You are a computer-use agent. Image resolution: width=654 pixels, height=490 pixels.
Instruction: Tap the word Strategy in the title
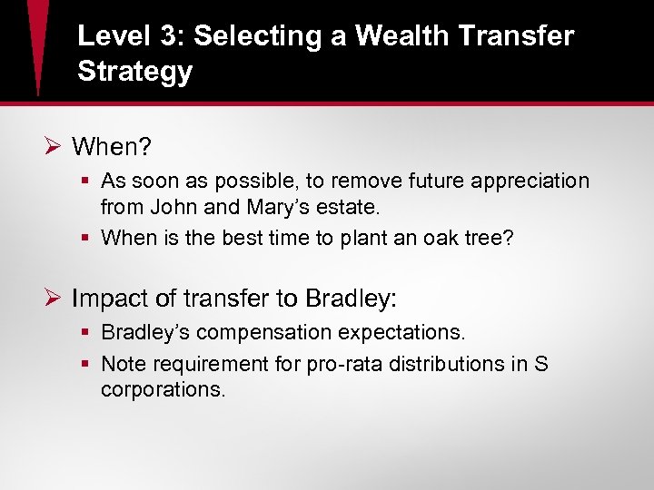point(135,72)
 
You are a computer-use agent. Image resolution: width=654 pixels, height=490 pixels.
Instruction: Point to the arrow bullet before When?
point(53,146)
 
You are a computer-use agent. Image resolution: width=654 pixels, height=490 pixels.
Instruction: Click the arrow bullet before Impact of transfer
point(53,298)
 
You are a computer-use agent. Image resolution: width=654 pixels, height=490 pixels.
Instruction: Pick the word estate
point(350,207)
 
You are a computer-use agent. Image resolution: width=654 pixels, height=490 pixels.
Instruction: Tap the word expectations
point(418,332)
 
